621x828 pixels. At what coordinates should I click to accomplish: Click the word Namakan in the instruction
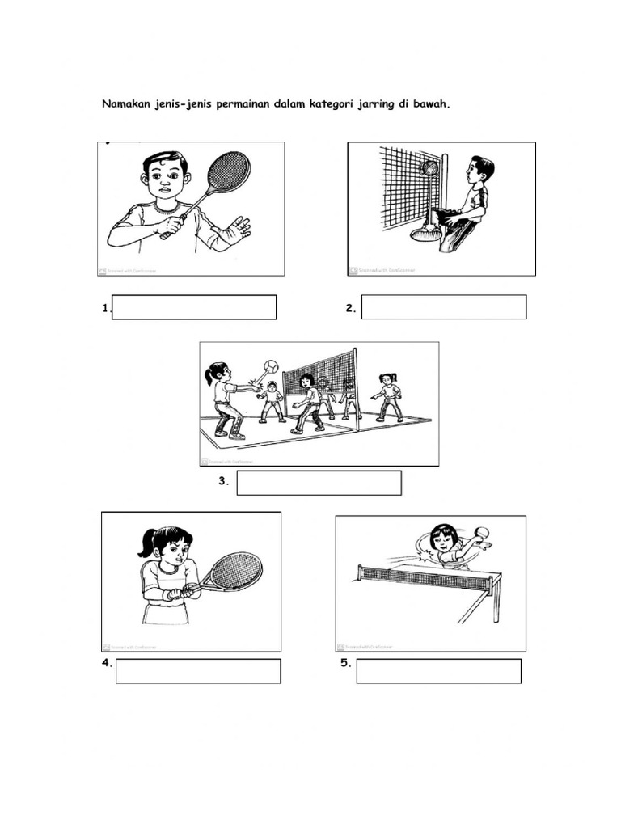click(126, 104)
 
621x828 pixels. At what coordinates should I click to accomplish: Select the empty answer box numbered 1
click(194, 307)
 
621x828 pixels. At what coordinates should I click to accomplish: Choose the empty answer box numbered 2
click(444, 307)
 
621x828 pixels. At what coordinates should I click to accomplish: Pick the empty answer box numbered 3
click(319, 483)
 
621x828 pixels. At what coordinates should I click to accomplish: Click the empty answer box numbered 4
click(198, 671)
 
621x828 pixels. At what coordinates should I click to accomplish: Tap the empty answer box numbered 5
click(439, 671)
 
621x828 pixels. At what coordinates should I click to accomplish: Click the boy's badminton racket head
click(229, 172)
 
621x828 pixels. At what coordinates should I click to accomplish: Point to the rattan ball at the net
click(430, 169)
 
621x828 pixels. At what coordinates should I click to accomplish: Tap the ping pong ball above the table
click(482, 532)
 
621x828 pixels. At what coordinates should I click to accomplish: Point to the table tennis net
click(425, 576)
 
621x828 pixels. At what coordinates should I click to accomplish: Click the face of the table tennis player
click(443, 541)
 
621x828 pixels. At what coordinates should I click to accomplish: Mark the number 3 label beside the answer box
click(223, 482)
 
